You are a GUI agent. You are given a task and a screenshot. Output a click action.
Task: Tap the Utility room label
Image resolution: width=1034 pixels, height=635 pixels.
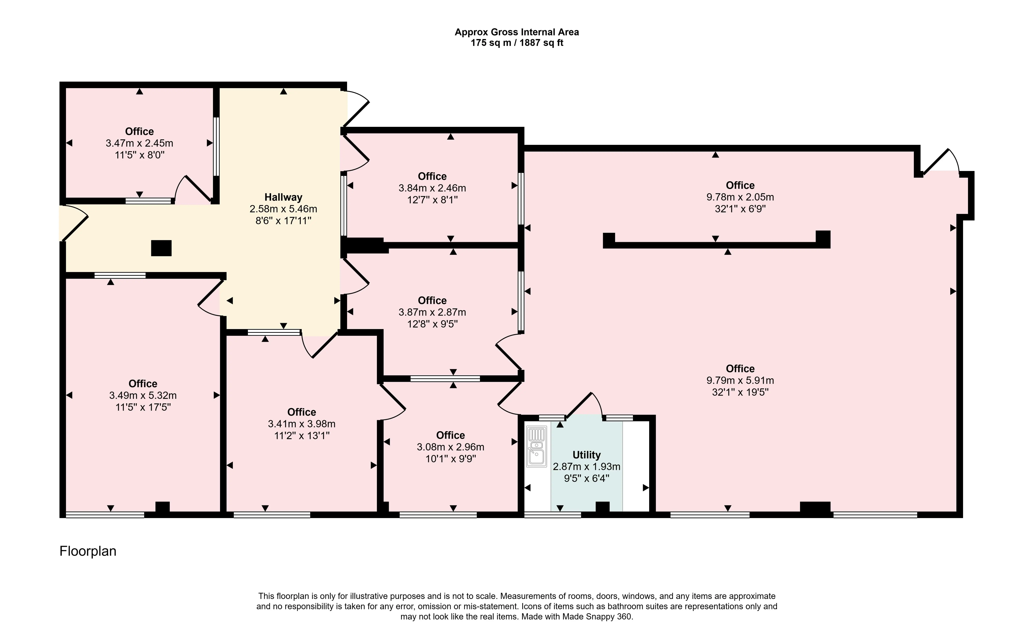pos(586,455)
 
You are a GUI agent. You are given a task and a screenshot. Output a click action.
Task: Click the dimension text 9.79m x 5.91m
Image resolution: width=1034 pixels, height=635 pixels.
pos(740,380)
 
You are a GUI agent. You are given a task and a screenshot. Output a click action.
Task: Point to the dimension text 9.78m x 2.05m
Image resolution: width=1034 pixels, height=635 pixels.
pos(740,197)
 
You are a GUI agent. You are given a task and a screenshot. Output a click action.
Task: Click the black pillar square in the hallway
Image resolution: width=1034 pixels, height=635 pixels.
pos(161,248)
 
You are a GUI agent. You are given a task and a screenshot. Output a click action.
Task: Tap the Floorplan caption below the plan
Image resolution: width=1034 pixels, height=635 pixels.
pos(88,551)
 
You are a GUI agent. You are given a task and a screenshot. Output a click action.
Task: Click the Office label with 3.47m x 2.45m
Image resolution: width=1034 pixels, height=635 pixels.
pos(139,131)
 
